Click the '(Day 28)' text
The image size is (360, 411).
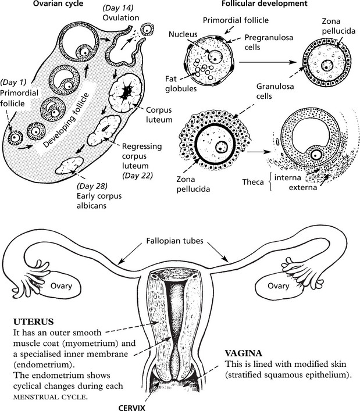[x=91, y=186]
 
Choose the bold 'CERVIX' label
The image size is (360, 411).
[x=151, y=406]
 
